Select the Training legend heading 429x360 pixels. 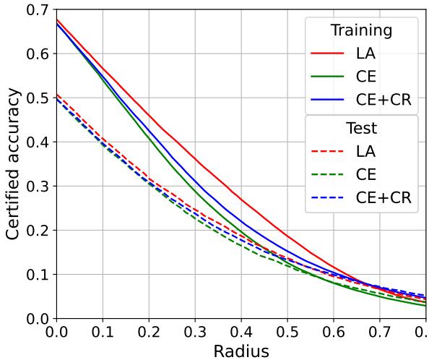(361, 30)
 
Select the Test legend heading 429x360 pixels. (361, 129)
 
